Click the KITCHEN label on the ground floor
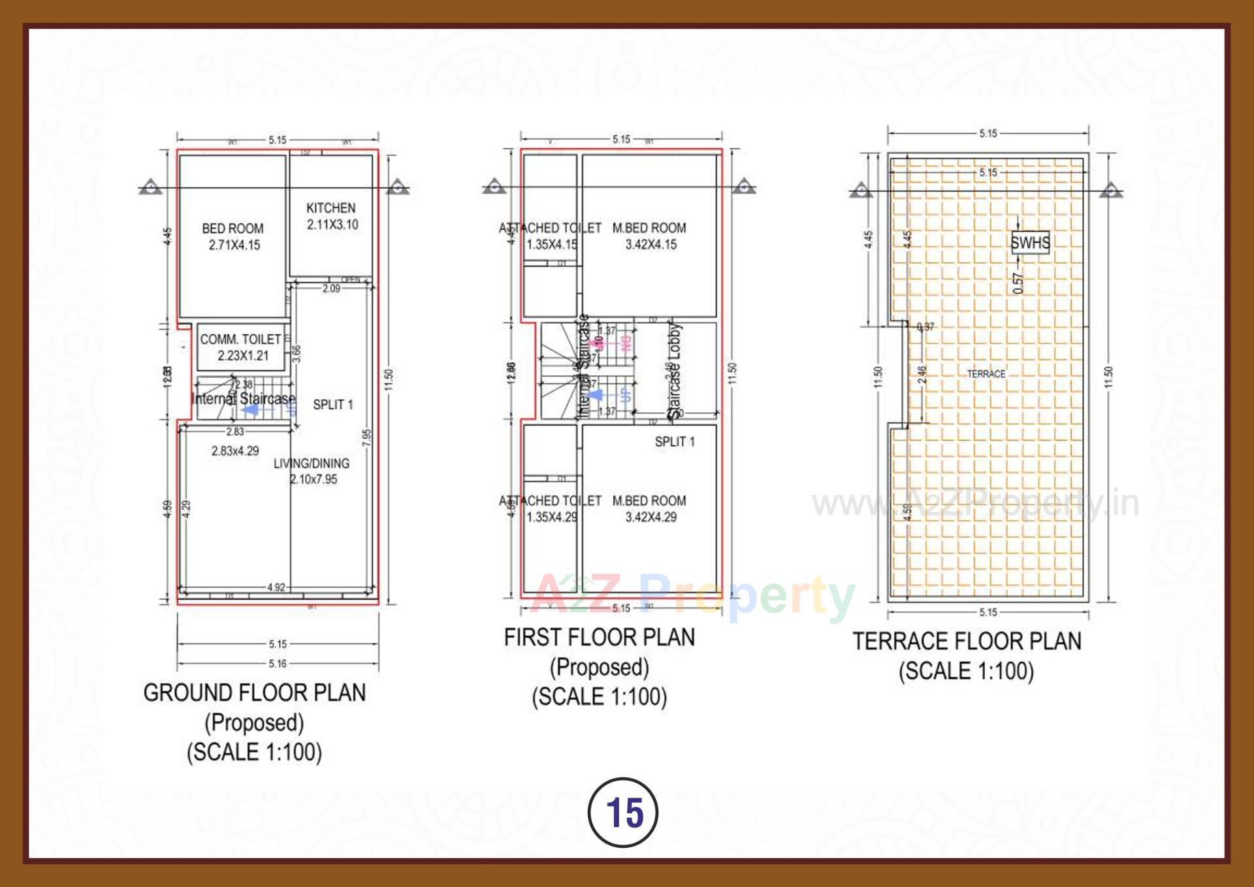[331, 208]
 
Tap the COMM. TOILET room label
[240, 339]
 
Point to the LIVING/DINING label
[312, 463]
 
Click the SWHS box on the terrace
[1030, 243]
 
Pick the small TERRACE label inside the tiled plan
[986, 374]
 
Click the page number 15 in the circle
[624, 813]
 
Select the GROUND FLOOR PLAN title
[255, 692]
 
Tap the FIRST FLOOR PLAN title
[599, 637]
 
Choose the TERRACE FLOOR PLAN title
[967, 641]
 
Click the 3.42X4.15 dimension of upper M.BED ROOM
[651, 245]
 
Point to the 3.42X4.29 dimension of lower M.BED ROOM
[651, 518]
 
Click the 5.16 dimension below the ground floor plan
[278, 664]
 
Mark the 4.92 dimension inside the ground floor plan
[276, 587]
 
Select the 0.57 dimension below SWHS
[1019, 283]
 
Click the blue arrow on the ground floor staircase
[250, 410]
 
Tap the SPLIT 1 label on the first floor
[675, 442]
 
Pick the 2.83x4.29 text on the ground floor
[235, 451]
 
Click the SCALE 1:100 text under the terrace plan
[967, 671]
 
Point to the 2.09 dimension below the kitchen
[331, 288]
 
